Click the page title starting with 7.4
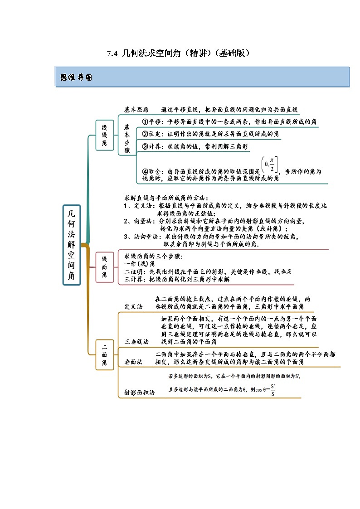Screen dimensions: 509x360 coord(178,53)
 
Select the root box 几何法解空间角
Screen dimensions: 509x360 coord(72,245)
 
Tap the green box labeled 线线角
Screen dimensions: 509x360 coord(104,135)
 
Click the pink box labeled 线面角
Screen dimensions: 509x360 coord(104,267)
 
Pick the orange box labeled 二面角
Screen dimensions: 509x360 coord(104,355)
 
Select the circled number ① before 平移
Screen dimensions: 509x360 coord(146,122)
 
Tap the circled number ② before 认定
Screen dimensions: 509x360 coord(146,134)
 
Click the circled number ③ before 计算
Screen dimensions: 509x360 coord(146,146)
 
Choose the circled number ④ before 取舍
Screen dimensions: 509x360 coord(146,172)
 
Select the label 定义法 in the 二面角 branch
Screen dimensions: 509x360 coord(133,306)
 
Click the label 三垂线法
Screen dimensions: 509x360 coord(136,341)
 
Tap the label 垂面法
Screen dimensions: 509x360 coord(133,362)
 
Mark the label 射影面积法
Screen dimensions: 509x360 coord(139,393)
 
